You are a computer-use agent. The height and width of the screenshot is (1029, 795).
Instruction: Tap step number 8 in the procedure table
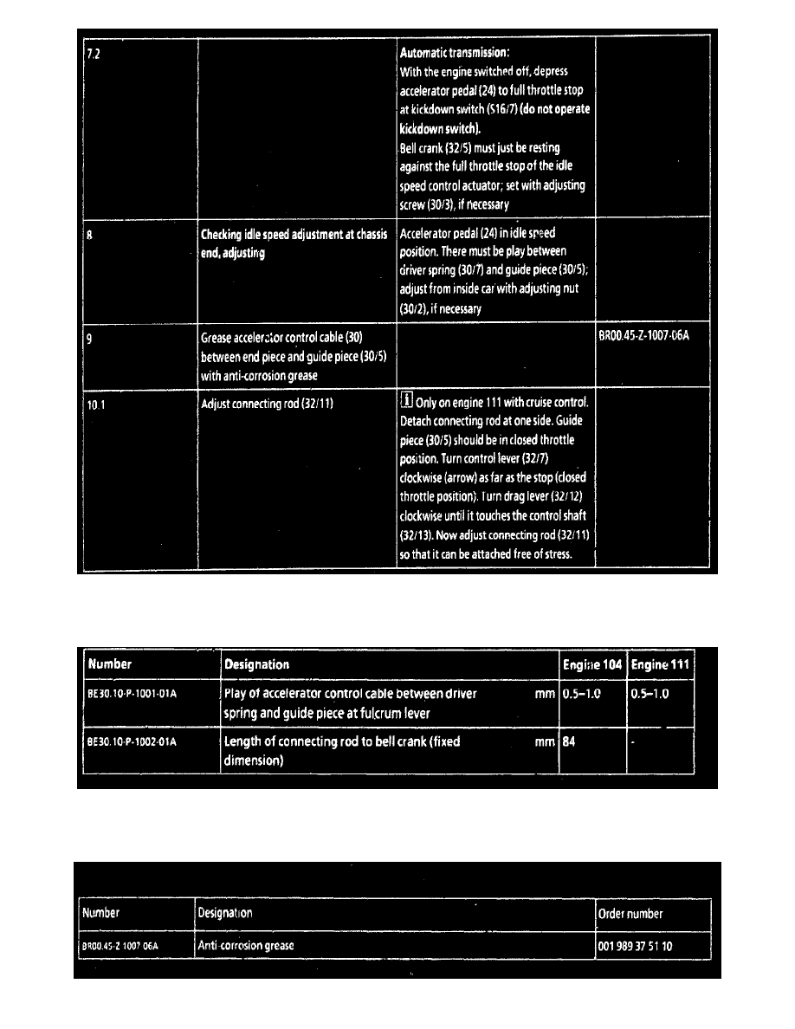[89, 235]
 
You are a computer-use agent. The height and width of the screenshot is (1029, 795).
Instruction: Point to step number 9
[89, 339]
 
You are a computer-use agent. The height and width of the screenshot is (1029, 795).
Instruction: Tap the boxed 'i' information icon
[406, 402]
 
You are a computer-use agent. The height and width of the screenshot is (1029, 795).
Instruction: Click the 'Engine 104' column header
[592, 664]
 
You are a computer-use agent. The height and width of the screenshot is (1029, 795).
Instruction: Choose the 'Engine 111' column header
[661, 664]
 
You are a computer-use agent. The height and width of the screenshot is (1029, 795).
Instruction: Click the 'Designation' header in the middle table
[256, 664]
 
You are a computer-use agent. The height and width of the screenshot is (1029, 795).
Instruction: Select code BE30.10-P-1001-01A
[131, 694]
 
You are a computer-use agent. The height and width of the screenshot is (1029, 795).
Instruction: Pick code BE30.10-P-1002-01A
[131, 742]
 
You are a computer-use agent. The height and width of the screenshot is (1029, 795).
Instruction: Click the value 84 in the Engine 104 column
[569, 742]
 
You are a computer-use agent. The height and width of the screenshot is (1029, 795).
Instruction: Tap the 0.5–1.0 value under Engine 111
[650, 694]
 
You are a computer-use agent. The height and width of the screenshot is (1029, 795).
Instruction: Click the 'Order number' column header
[630, 913]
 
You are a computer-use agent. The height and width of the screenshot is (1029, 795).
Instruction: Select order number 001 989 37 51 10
[635, 946]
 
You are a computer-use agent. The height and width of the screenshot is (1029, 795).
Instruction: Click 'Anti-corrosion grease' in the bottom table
[246, 946]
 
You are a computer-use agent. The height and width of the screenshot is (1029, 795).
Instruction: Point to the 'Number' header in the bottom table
[100, 913]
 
